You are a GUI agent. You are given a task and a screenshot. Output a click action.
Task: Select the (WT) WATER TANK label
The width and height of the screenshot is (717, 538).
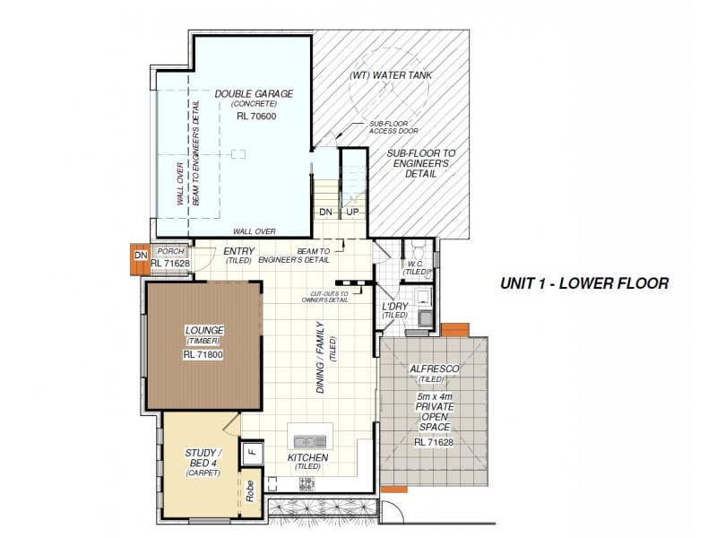(x=390, y=76)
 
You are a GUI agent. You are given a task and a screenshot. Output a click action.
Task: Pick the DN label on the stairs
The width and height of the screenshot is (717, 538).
(x=325, y=212)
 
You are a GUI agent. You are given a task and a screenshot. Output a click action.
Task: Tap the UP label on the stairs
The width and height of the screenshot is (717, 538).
(x=353, y=212)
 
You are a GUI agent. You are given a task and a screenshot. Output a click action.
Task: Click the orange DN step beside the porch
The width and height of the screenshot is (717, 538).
(x=139, y=256)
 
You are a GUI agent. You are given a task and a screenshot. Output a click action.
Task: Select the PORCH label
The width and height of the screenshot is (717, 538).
(x=169, y=252)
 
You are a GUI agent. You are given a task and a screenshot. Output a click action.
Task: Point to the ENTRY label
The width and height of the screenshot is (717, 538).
(x=239, y=252)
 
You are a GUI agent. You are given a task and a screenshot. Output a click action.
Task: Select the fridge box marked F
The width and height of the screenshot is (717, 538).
(x=252, y=450)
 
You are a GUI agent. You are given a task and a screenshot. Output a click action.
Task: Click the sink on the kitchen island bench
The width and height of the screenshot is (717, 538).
(x=310, y=440)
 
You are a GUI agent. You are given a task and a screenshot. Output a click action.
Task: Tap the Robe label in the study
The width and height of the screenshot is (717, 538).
(x=252, y=490)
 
